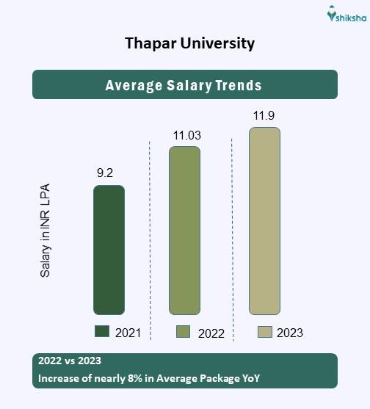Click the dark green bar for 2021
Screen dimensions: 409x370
(109, 250)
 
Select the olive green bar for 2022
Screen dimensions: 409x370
(185, 231)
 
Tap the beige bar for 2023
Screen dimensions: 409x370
(264, 221)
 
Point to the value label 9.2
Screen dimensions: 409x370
(106, 173)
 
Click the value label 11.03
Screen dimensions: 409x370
(186, 135)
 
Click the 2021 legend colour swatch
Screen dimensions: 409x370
(102, 332)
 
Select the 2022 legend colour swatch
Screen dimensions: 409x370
(184, 332)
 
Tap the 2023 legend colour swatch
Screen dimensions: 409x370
(265, 332)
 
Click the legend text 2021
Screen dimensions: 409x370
(128, 333)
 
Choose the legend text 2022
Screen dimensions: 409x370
(211, 333)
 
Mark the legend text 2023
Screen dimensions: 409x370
(290, 333)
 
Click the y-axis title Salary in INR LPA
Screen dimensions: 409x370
(46, 231)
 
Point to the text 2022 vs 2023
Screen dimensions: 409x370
(70, 361)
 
